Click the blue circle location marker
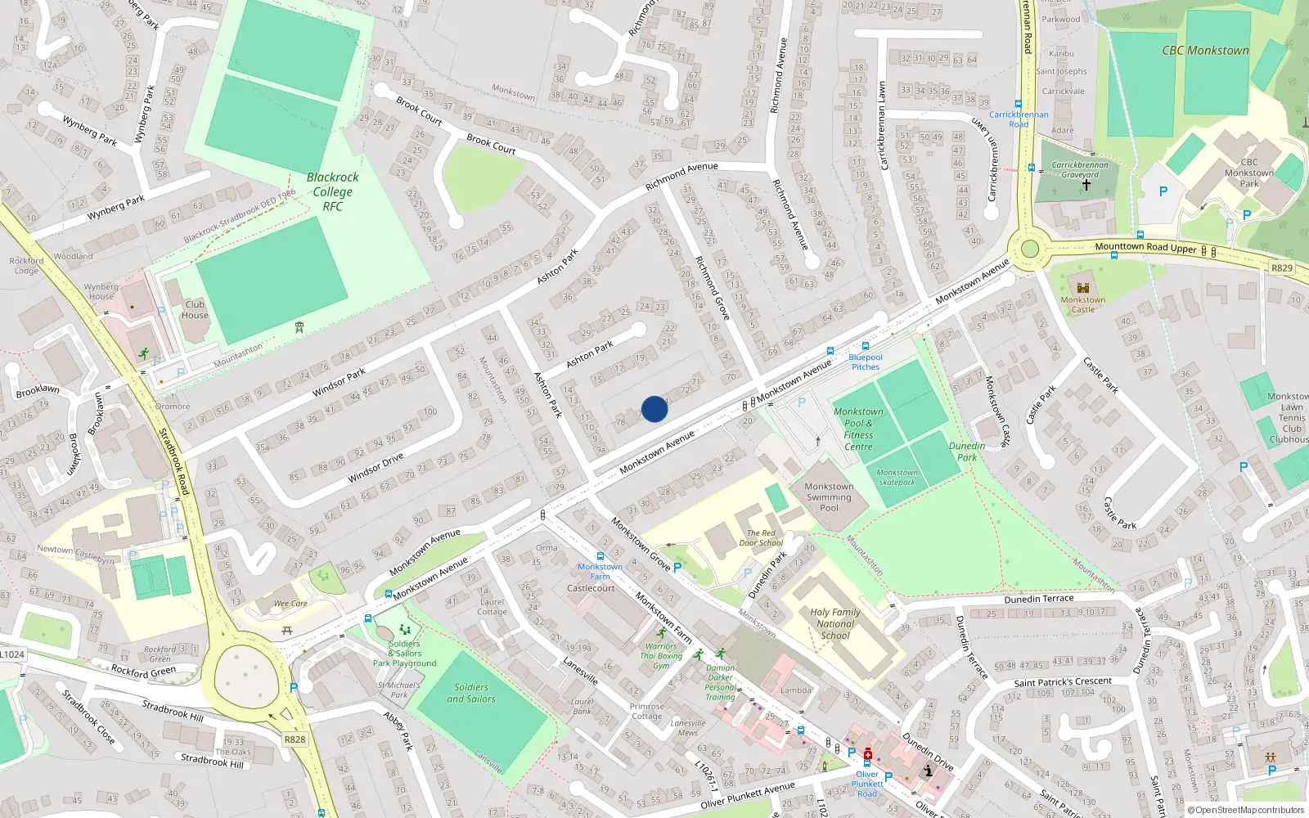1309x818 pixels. (654, 409)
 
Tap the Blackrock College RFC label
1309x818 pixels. (332, 191)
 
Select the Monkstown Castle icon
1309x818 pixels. (1083, 287)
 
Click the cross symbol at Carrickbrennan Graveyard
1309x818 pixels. (1086, 186)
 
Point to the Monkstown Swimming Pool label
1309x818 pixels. (829, 497)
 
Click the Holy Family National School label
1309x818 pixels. (835, 623)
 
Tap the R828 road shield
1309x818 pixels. (295, 739)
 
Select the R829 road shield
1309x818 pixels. (1282, 267)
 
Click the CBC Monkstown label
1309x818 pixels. (1205, 51)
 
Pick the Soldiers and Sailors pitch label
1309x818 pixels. (471, 693)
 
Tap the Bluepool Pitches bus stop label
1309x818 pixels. (866, 362)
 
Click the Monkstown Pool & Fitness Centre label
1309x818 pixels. (858, 429)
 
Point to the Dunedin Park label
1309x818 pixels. (967, 452)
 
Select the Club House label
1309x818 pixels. (195, 309)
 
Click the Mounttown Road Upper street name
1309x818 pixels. (1145, 247)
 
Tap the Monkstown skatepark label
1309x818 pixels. (897, 477)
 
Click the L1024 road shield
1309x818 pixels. (12, 654)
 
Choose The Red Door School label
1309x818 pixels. (761, 537)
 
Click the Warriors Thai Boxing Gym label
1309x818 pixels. (661, 656)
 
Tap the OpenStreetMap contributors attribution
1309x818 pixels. (1246, 810)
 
